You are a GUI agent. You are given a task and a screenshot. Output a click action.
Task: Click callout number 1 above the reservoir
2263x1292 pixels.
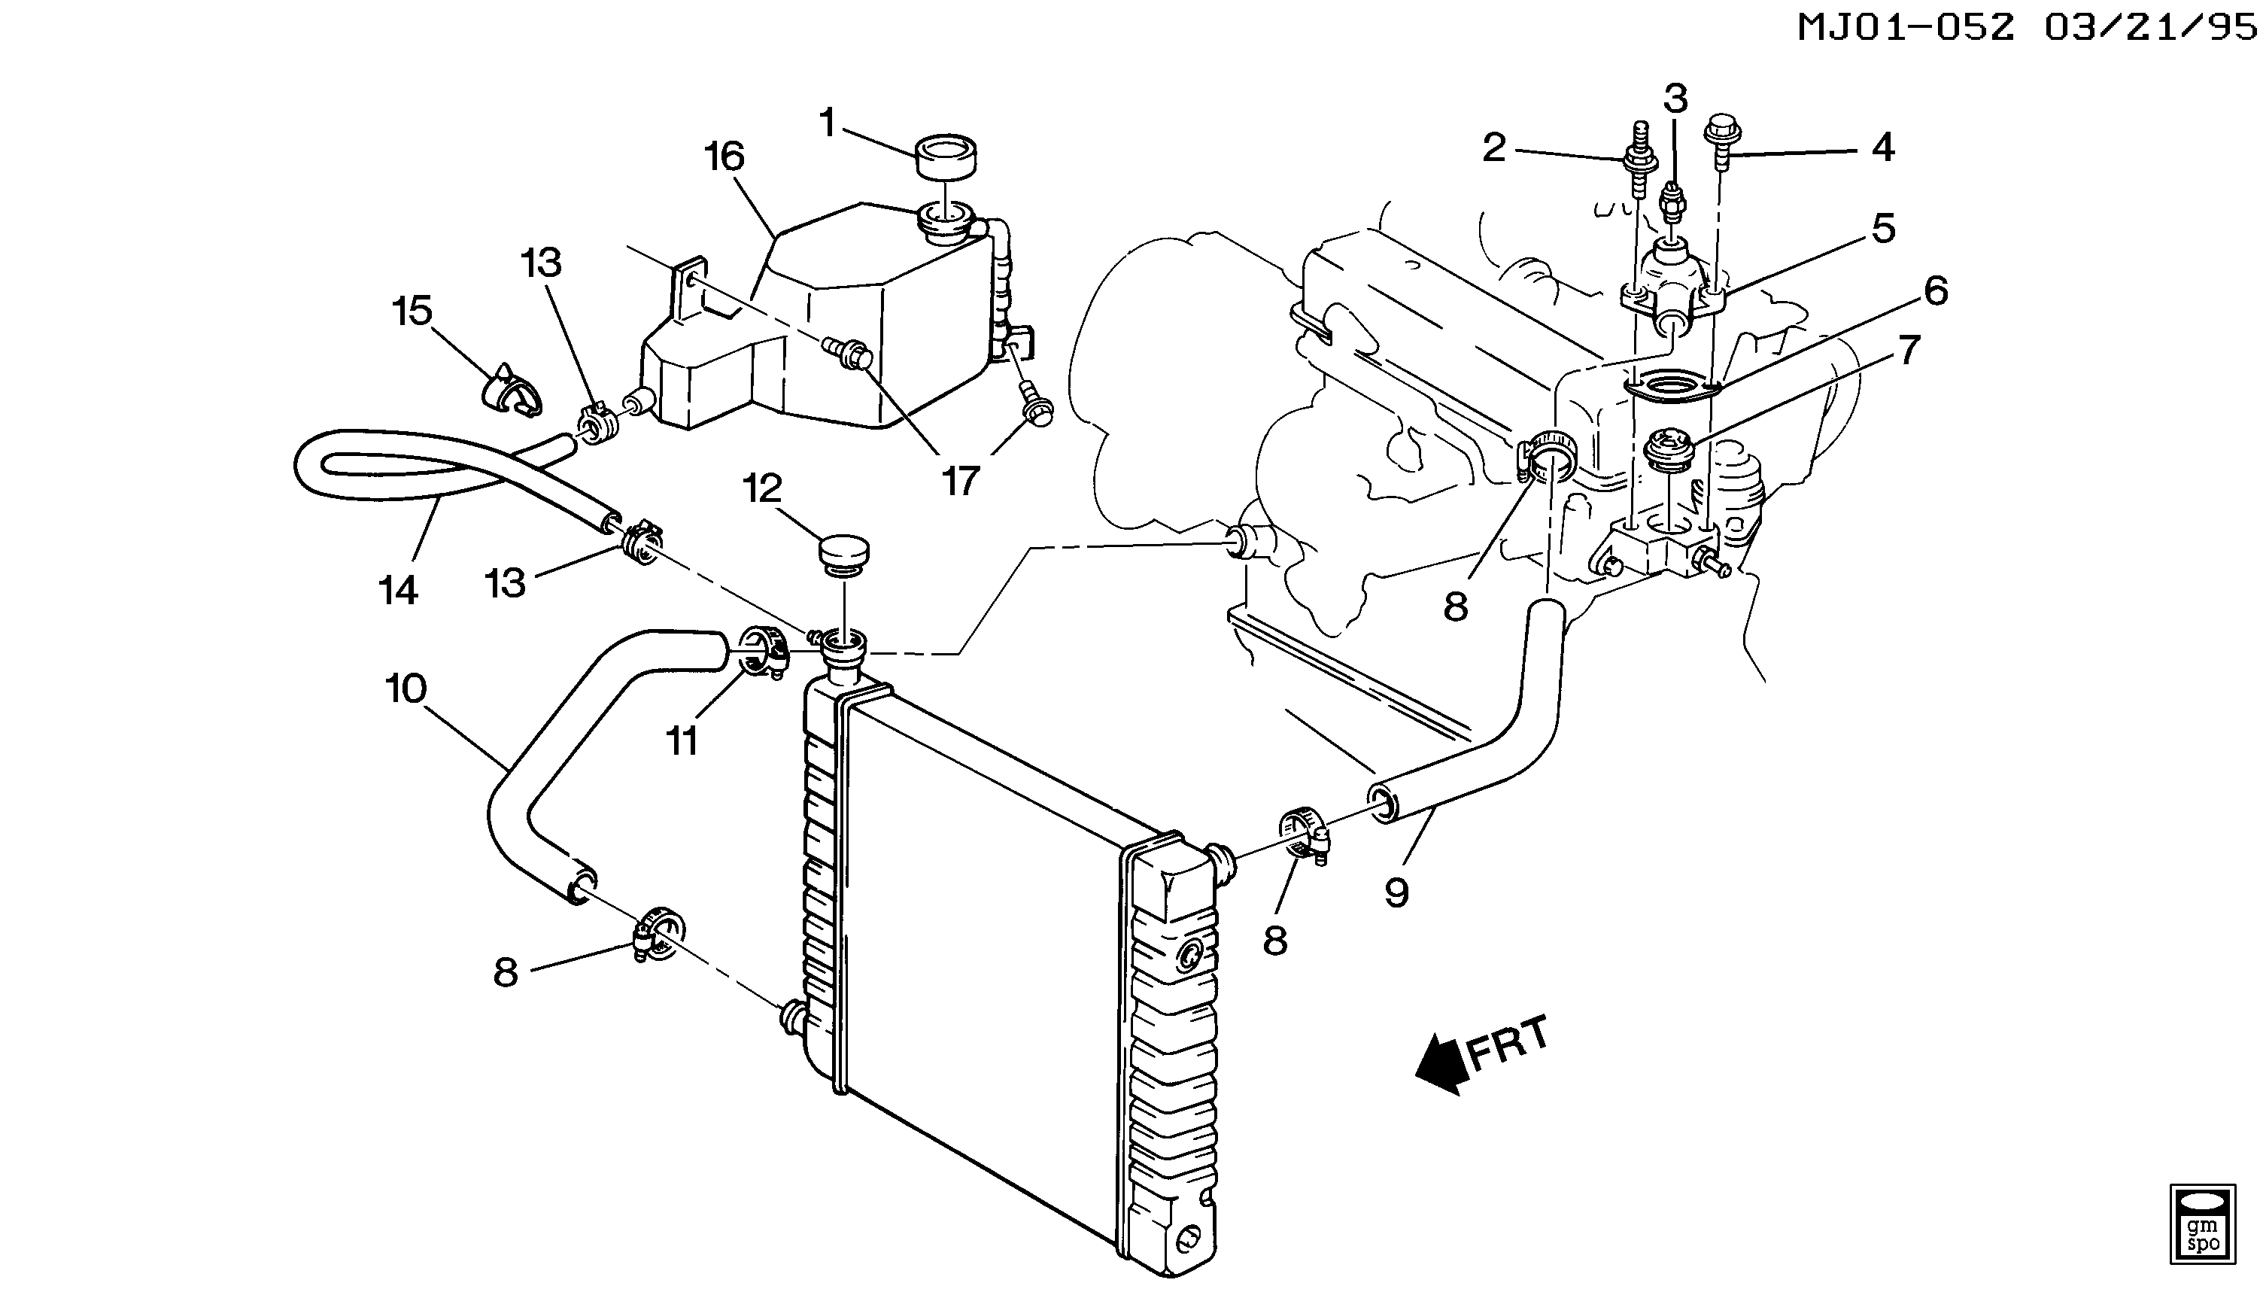click(x=828, y=123)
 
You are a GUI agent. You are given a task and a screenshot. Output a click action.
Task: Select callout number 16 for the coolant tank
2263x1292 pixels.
click(x=724, y=157)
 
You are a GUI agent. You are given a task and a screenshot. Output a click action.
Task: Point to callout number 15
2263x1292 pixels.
click(x=412, y=311)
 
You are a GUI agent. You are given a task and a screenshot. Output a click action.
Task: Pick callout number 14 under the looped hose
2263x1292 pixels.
click(x=398, y=590)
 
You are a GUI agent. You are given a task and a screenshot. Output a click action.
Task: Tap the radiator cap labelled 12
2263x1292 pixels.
click(x=843, y=555)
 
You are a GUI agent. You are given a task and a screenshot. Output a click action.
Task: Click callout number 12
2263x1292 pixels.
click(x=763, y=489)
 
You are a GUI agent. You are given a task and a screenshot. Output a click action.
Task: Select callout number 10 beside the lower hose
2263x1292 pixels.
click(x=406, y=689)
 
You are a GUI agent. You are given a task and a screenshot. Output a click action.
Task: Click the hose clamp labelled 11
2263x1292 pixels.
click(x=761, y=658)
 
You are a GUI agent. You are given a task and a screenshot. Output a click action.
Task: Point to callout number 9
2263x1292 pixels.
click(x=1396, y=892)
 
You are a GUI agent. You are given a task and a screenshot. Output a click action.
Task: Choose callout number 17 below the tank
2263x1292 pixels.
click(x=959, y=480)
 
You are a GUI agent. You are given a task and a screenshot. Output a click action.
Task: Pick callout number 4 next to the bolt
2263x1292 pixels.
click(x=1882, y=147)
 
